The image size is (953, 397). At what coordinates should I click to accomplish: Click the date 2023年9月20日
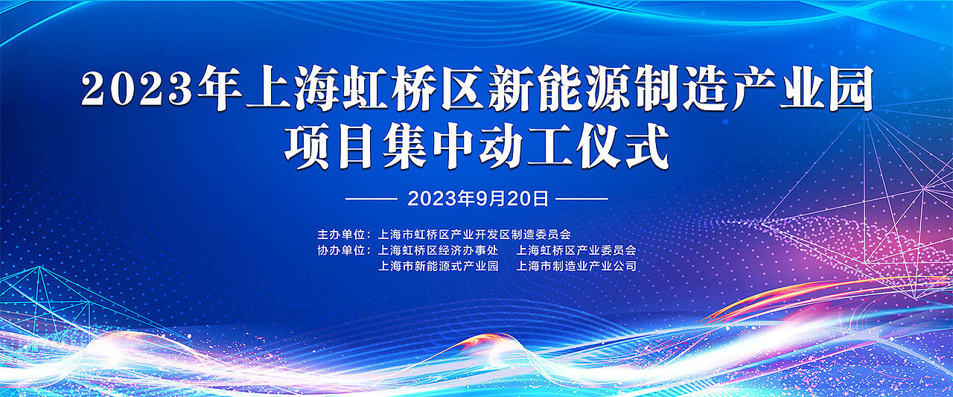pyautogui.click(x=478, y=199)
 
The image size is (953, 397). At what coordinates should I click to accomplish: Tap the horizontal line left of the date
pyautogui.click(x=372, y=199)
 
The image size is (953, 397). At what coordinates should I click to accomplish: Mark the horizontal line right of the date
pyautogui.click(x=582, y=199)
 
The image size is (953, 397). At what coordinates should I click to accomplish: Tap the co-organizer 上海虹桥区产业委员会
pyautogui.click(x=576, y=250)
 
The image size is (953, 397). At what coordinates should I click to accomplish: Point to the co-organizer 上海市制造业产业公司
pyautogui.click(x=576, y=265)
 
